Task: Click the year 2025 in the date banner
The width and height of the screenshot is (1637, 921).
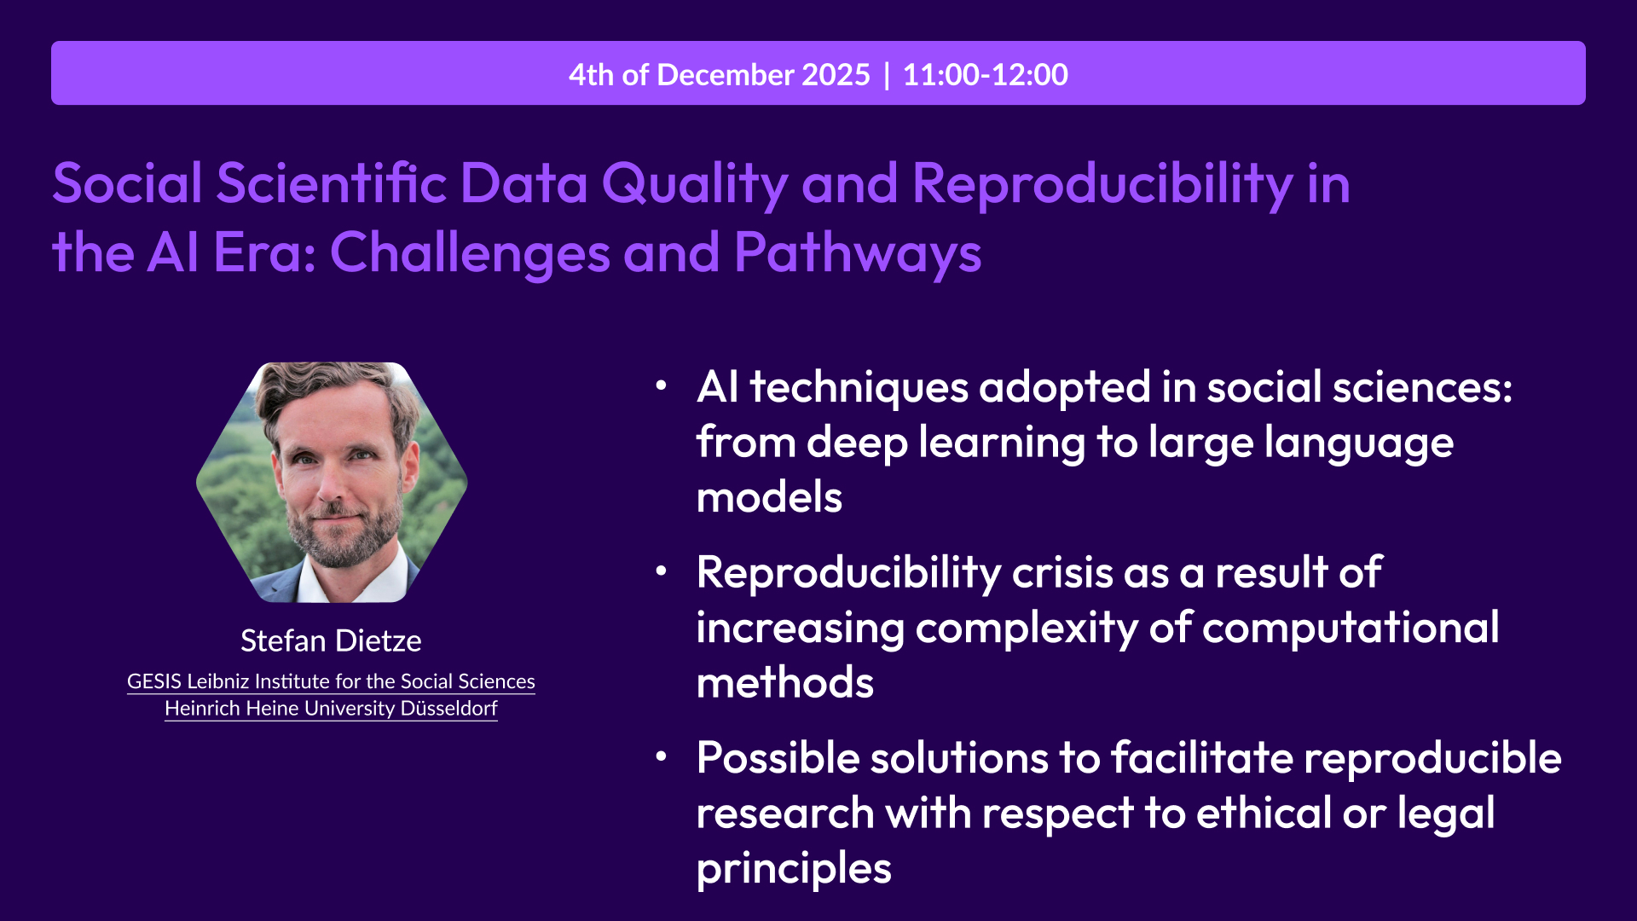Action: tap(836, 75)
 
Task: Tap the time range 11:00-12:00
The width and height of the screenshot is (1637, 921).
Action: tap(985, 75)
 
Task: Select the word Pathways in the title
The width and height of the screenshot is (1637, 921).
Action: tap(857, 253)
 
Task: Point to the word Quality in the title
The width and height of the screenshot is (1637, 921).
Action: tap(695, 183)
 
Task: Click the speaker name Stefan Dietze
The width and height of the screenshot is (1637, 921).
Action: tap(331, 640)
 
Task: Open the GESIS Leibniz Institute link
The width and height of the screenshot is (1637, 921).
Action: tap(331, 681)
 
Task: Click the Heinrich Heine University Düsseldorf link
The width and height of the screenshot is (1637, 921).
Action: tap(331, 709)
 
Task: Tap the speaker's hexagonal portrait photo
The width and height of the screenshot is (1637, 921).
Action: tap(333, 482)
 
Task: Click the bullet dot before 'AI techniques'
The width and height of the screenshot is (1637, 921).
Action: tap(661, 386)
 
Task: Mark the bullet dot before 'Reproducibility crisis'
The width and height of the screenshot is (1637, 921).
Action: tap(661, 571)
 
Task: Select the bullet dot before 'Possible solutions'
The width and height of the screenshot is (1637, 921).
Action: tap(661, 756)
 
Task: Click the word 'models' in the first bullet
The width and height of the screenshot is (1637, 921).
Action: tap(769, 497)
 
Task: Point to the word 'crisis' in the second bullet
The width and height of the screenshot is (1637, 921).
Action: tap(1061, 572)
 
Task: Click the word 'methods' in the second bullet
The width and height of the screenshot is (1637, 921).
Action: tap(784, 683)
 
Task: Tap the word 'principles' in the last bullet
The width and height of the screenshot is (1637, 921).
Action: tap(793, 868)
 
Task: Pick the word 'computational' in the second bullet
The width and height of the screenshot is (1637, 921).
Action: tap(1351, 628)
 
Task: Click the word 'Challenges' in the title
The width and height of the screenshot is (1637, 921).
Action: tap(470, 253)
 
